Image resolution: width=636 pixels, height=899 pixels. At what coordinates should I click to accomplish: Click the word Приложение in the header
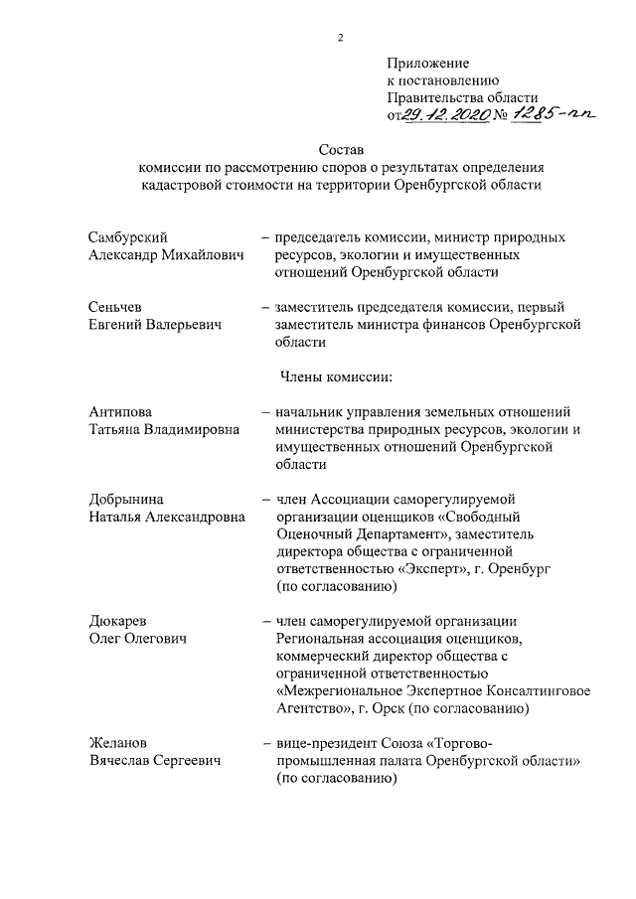(427, 63)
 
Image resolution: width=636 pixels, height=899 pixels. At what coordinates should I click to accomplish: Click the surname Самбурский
(126, 238)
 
